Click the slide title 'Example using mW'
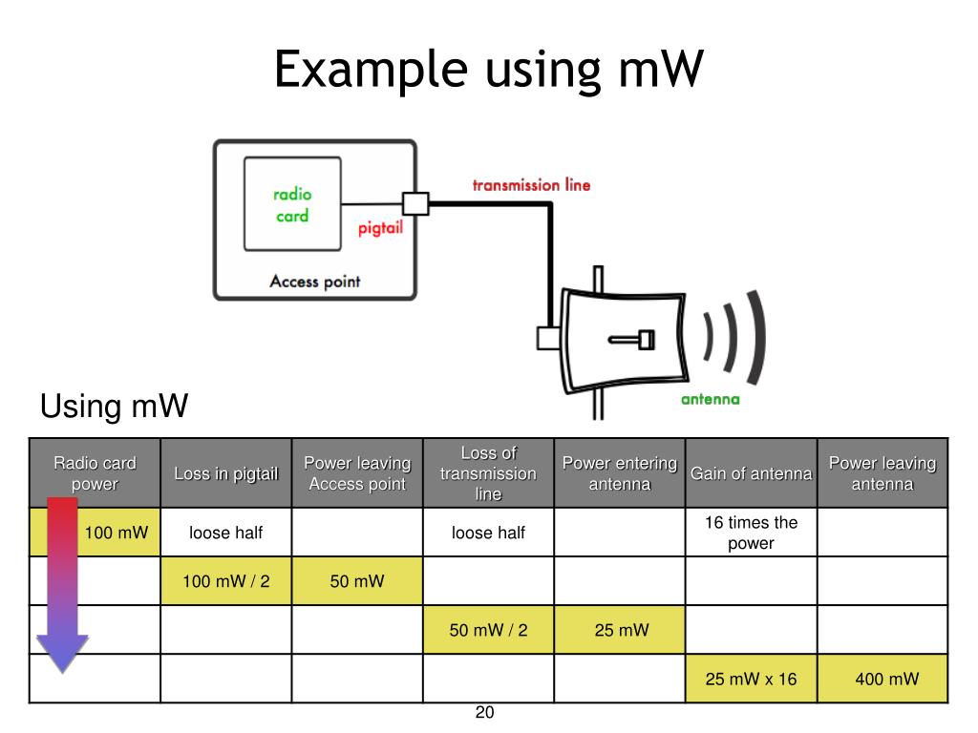(x=489, y=70)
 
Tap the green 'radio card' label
(x=292, y=205)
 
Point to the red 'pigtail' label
(x=380, y=228)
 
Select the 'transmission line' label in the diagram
(x=531, y=185)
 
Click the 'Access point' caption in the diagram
(x=315, y=282)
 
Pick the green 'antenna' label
(x=711, y=399)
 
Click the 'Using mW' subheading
(x=115, y=406)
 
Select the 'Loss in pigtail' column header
(x=225, y=473)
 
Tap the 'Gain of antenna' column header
(x=751, y=473)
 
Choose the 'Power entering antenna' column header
(x=619, y=473)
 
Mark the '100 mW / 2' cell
(x=225, y=581)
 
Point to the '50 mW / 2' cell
(x=488, y=630)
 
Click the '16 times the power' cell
(x=751, y=533)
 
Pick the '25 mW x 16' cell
(x=751, y=679)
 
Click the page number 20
(x=484, y=712)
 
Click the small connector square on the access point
(x=415, y=204)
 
